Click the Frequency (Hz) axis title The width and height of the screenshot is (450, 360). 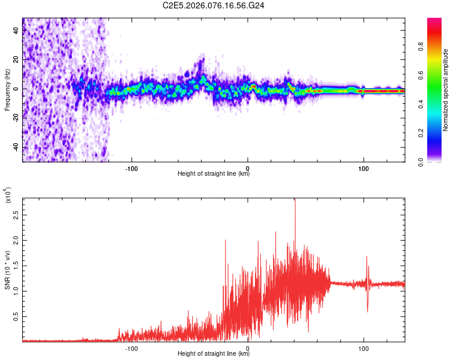tap(8, 90)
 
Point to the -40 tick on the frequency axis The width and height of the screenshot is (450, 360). tap(17, 148)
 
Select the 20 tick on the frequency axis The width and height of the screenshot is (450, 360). tap(17, 59)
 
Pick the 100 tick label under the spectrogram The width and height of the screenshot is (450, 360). tap(363, 168)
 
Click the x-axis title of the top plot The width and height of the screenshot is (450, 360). tap(214, 174)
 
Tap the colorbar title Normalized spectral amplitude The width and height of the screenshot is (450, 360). tap(446, 90)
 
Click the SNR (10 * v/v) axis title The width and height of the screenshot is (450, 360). tap(8, 269)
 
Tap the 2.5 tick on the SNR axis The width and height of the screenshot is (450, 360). tap(17, 214)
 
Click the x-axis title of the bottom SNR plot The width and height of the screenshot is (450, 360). tap(214, 354)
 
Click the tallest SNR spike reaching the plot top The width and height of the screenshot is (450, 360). tap(295, 202)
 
